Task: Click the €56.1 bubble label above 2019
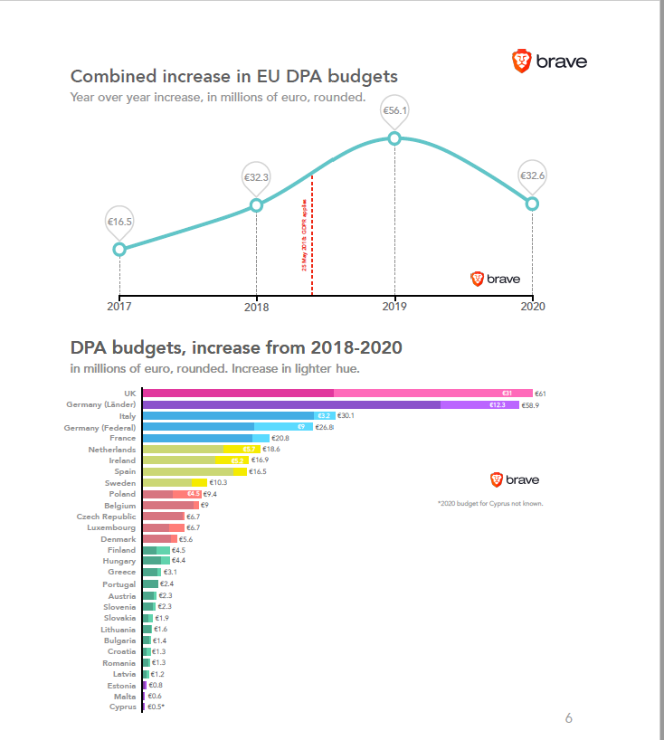tap(394, 110)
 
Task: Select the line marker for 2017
tap(119, 249)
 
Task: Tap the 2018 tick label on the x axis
tap(256, 307)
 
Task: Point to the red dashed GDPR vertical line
tap(312, 235)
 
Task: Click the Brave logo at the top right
tap(549, 62)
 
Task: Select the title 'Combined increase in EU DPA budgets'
tap(233, 77)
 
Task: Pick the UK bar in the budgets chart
tap(337, 394)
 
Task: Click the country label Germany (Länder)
tap(100, 404)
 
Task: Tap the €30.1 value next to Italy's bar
tap(346, 416)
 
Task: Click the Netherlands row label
tap(111, 449)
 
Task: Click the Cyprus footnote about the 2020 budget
tap(489, 503)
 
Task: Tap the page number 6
tap(568, 718)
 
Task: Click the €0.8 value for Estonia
tap(156, 685)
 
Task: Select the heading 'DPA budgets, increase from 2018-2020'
tap(236, 348)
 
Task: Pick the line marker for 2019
tap(394, 138)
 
